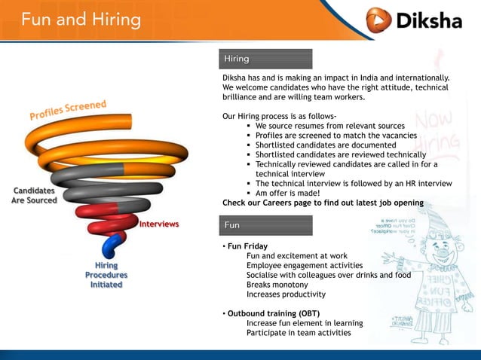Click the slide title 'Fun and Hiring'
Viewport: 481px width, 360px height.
click(x=81, y=19)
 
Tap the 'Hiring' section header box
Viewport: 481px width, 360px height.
click(x=266, y=59)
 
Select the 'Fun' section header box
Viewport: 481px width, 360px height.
click(x=266, y=225)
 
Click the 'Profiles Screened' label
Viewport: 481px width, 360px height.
click(x=68, y=110)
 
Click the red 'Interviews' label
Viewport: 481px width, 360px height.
click(x=158, y=224)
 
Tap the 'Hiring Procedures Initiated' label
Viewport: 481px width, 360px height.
click(x=106, y=275)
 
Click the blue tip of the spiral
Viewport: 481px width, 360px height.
click(x=113, y=246)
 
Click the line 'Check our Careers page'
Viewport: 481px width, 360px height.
click(x=323, y=203)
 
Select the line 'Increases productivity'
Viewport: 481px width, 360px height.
click(x=286, y=294)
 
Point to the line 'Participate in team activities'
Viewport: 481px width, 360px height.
click(x=299, y=333)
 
